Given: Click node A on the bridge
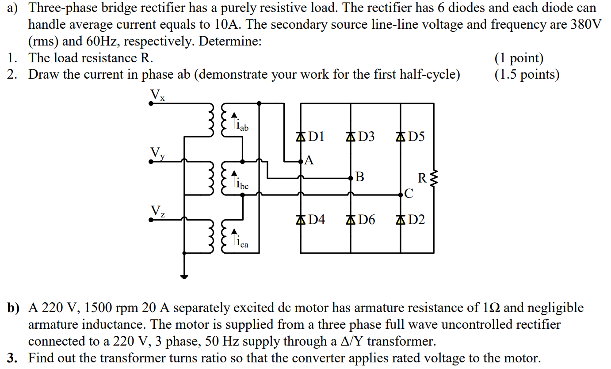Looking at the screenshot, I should point(302,161).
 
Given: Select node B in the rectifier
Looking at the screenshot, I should point(351,179).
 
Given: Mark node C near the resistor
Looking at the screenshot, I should point(401,194).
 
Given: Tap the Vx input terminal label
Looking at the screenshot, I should point(157,95).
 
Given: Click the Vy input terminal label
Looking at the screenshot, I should point(157,153).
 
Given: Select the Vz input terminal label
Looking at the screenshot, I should point(157,211).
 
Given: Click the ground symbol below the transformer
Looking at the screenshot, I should point(184,277).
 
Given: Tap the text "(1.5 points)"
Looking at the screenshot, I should point(527,75).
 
